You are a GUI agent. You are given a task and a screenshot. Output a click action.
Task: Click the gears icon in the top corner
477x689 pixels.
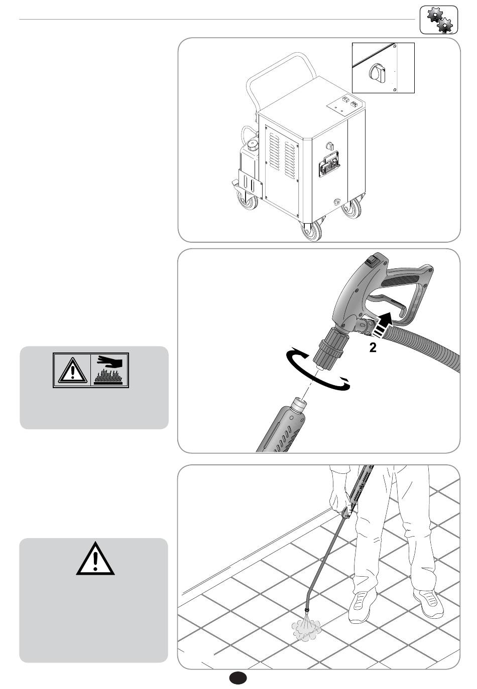click(x=438, y=20)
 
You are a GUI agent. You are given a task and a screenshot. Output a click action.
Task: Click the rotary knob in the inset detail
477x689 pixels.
click(x=377, y=73)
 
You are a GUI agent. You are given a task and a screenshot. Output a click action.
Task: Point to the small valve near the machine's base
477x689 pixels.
click(x=336, y=202)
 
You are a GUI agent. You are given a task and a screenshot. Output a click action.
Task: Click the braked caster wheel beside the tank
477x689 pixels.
click(x=247, y=199)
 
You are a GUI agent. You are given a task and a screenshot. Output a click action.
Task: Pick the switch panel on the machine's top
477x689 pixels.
click(x=345, y=105)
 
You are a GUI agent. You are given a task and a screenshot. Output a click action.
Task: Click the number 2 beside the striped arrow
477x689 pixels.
click(x=373, y=348)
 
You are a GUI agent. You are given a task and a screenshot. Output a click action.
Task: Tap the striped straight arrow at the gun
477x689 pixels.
click(x=383, y=325)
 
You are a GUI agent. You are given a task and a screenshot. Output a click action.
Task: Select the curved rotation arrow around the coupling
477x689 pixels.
click(x=317, y=371)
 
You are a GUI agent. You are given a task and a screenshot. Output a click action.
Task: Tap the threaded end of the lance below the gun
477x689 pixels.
click(x=298, y=405)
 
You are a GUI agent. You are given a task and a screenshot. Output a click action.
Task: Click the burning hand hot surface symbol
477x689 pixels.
click(x=109, y=371)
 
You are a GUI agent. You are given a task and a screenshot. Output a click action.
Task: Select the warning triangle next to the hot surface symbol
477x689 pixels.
click(x=72, y=371)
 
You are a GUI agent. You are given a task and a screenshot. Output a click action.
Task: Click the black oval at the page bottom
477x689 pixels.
click(x=238, y=677)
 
